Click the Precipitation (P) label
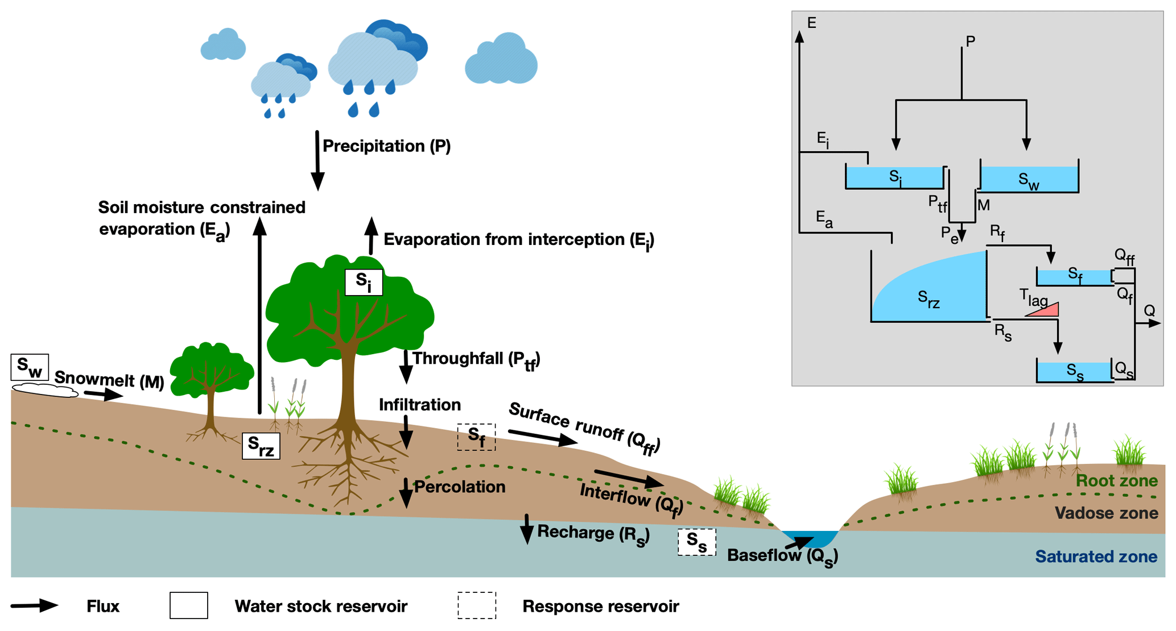pos(386,146)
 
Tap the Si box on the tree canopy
pos(364,282)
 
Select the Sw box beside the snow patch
pos(30,367)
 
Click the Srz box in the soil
pos(261,446)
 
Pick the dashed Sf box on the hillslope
pos(476,437)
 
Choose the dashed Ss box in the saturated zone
pos(696,542)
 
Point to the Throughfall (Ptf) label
pos(476,359)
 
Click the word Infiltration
pos(420,405)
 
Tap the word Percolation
pos(460,487)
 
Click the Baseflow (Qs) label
pos(782,556)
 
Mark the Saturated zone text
pos(1096,557)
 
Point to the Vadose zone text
pos(1106,513)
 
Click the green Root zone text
pos(1116,481)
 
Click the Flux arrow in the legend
pos(34,606)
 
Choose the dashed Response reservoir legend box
pos(476,605)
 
